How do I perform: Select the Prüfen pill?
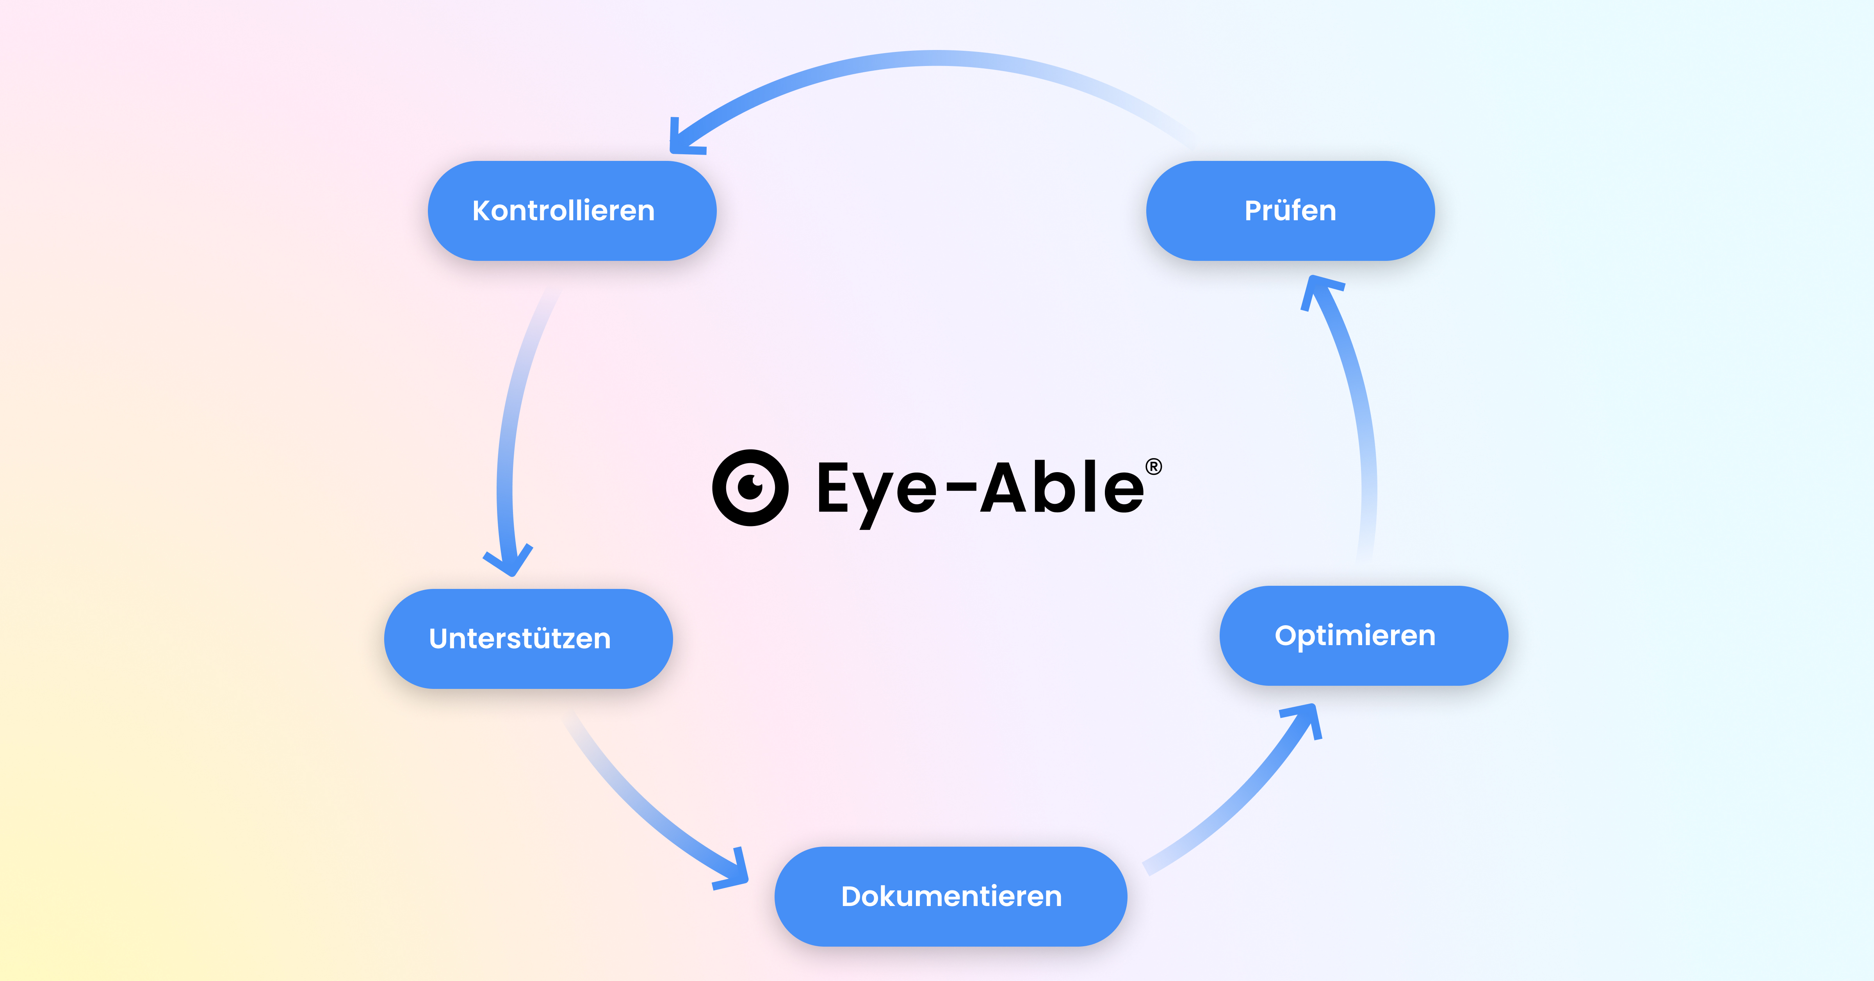point(1290,211)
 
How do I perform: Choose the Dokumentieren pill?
point(950,897)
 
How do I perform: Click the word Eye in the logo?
point(876,489)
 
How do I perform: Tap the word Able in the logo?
point(1062,488)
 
